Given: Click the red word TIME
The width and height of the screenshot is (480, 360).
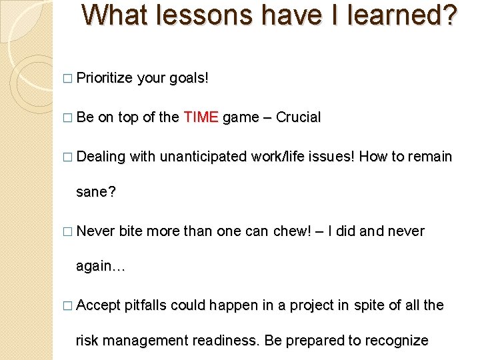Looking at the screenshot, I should coord(201,118).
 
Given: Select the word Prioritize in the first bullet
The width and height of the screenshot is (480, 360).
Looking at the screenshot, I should coord(105,79).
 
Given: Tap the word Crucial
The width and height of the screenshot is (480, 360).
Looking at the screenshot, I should coord(298,118).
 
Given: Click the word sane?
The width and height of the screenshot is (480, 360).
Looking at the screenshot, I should coord(96,193).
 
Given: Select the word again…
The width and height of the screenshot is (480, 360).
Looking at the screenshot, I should coord(101,266).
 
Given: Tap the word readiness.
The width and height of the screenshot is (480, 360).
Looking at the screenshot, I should coord(226,341).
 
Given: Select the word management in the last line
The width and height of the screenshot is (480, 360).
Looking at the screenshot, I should coord(152,341).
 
